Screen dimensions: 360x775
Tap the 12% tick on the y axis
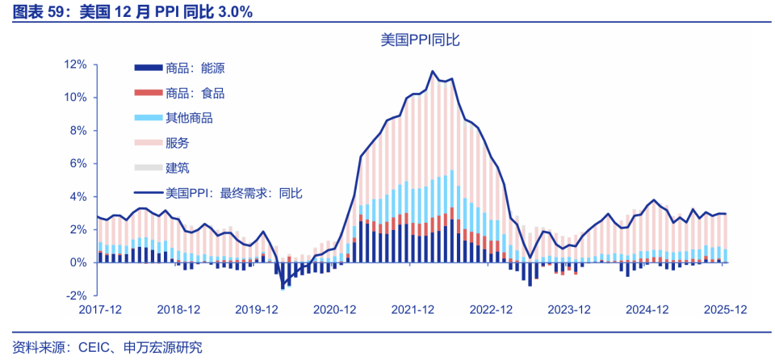coord(76,65)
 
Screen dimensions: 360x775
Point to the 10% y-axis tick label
coord(76,98)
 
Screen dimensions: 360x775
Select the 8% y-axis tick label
coord(79,131)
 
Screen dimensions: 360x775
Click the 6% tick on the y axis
coord(79,164)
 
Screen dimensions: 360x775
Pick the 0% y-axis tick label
coord(79,262)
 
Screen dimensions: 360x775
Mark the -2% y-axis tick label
coord(77,295)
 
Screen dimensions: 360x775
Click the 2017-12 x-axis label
coord(100,309)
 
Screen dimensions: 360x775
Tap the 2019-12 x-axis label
coord(257,309)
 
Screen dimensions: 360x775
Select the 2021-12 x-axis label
coord(413,309)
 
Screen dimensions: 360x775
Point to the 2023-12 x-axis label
coord(569,309)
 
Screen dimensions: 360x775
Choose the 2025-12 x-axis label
coord(725,309)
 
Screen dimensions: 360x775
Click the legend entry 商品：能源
coord(195,69)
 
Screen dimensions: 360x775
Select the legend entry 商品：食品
coord(195,94)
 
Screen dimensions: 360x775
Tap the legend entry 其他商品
coord(189,119)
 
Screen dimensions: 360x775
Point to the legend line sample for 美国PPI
coord(148,193)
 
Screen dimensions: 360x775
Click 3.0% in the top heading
coord(233,12)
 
